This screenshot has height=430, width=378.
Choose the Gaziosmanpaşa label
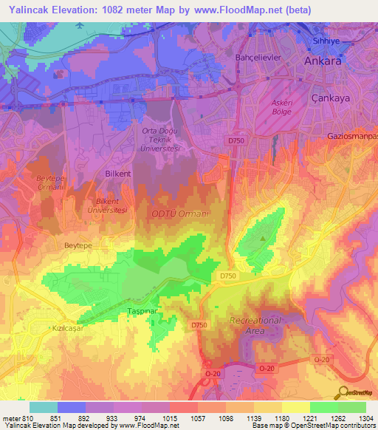pos(351,137)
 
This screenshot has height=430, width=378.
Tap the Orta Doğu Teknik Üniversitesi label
pos(161,140)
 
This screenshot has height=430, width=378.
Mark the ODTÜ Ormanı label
pos(181,214)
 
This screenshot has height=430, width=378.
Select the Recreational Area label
pos(255,326)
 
